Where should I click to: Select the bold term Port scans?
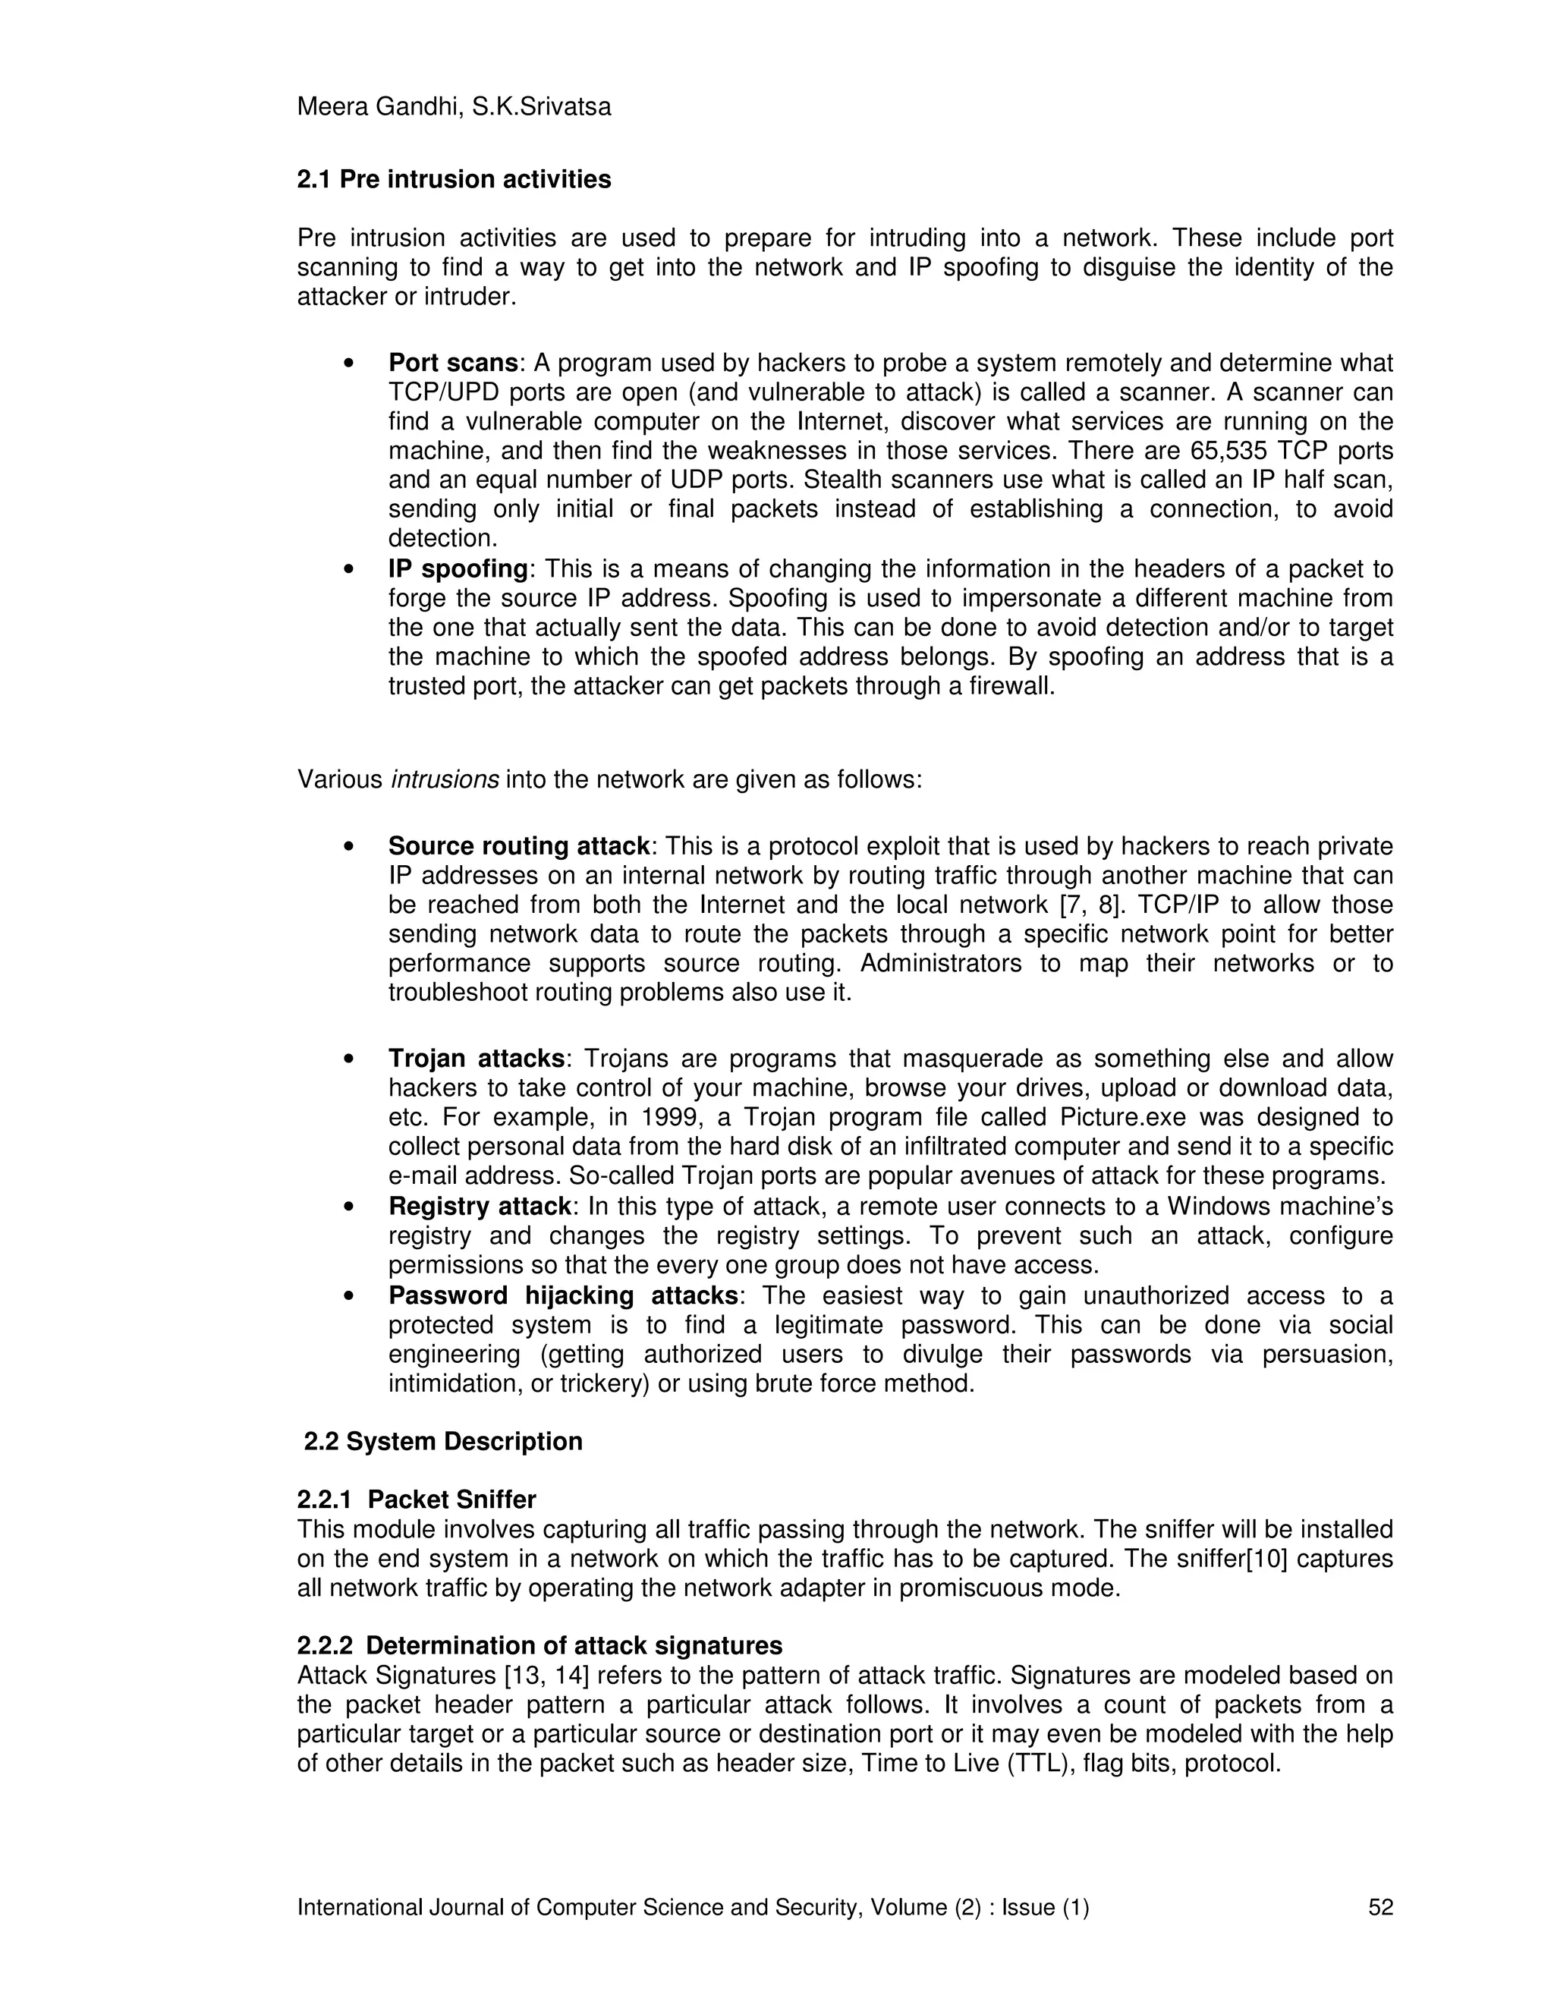click(453, 363)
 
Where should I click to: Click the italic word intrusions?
click(445, 780)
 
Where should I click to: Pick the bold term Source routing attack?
click(519, 846)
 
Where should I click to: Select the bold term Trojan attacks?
click(476, 1059)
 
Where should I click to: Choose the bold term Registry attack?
click(480, 1207)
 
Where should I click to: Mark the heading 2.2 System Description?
click(443, 1441)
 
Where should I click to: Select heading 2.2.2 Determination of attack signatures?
click(539, 1645)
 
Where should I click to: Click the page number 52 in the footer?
click(1381, 1908)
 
